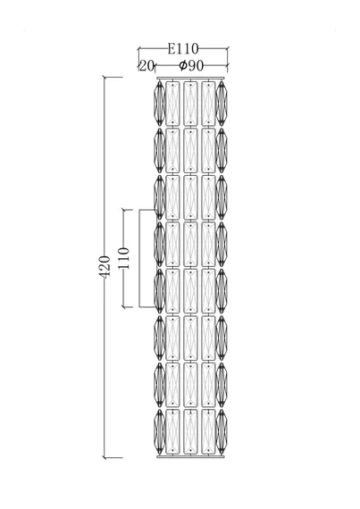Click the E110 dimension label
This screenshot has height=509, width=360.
(183, 49)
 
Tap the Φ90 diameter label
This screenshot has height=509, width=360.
(191, 66)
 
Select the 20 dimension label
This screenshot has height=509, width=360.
(147, 66)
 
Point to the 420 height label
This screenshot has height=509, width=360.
(105, 266)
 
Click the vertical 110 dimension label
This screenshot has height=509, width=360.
(123, 258)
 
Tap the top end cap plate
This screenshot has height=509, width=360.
(190, 78)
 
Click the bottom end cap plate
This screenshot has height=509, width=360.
(190, 456)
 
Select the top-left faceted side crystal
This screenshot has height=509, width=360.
(159, 104)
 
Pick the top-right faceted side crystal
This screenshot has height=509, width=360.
(222, 104)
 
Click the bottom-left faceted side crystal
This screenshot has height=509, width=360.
(159, 431)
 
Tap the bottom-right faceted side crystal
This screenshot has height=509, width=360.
(222, 431)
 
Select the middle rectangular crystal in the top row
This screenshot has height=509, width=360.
(190, 104)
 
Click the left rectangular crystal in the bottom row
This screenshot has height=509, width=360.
(172, 431)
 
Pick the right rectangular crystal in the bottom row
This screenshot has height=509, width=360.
(208, 431)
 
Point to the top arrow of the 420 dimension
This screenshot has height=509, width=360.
(105, 78)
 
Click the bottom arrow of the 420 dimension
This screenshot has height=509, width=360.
(105, 457)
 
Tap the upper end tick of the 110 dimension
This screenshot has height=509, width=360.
(123, 210)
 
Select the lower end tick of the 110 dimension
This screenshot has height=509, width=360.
(123, 306)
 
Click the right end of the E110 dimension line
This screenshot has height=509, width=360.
(227, 49)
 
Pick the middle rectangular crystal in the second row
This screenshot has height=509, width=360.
(190, 150)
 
